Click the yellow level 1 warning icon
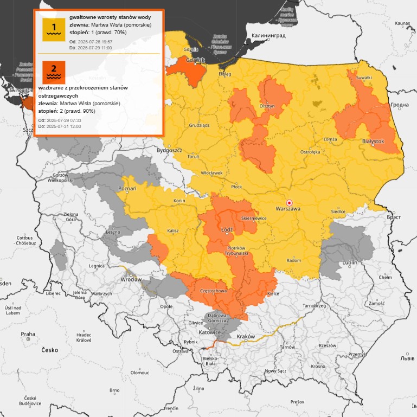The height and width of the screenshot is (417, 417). pos(54,29)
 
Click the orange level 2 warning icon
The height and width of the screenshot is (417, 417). pos(54,72)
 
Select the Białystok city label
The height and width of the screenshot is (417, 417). pos(373,141)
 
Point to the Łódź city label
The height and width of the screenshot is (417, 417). pos(227,229)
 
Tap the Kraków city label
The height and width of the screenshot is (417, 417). pos(246,337)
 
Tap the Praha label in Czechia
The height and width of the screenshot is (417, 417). pos(28,335)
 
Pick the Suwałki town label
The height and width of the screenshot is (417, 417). pos(364,78)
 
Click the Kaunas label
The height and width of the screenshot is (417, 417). pos(402,24)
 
